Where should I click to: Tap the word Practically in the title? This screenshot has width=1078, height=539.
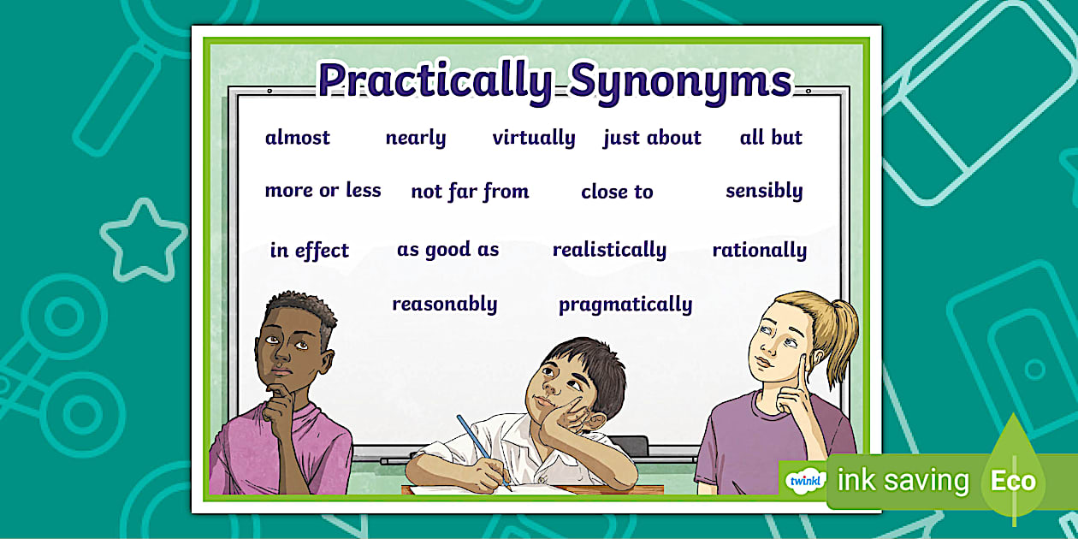tap(435, 80)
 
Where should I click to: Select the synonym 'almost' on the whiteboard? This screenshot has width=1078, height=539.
tap(298, 138)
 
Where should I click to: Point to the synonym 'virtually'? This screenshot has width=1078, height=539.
tap(534, 138)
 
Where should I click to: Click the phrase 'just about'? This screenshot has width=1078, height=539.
tap(652, 138)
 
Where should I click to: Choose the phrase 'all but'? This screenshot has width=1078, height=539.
tap(771, 138)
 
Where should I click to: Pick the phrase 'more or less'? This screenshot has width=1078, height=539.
tap(323, 191)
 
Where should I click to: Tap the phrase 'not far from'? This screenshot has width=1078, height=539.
tap(470, 192)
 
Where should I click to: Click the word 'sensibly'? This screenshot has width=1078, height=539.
tap(764, 191)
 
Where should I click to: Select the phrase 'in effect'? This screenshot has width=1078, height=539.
tap(310, 251)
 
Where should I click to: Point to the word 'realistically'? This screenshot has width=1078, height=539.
tap(609, 250)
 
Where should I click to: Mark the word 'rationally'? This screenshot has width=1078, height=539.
tap(760, 250)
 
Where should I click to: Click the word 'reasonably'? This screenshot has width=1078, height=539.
tap(445, 305)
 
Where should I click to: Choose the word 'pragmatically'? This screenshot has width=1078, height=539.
tap(625, 305)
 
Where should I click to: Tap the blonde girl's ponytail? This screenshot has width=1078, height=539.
tap(838, 337)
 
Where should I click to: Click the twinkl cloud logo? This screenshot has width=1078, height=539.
tap(805, 481)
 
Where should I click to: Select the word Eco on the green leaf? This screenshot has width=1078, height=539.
tap(1013, 481)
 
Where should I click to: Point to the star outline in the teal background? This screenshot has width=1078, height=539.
tap(144, 240)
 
